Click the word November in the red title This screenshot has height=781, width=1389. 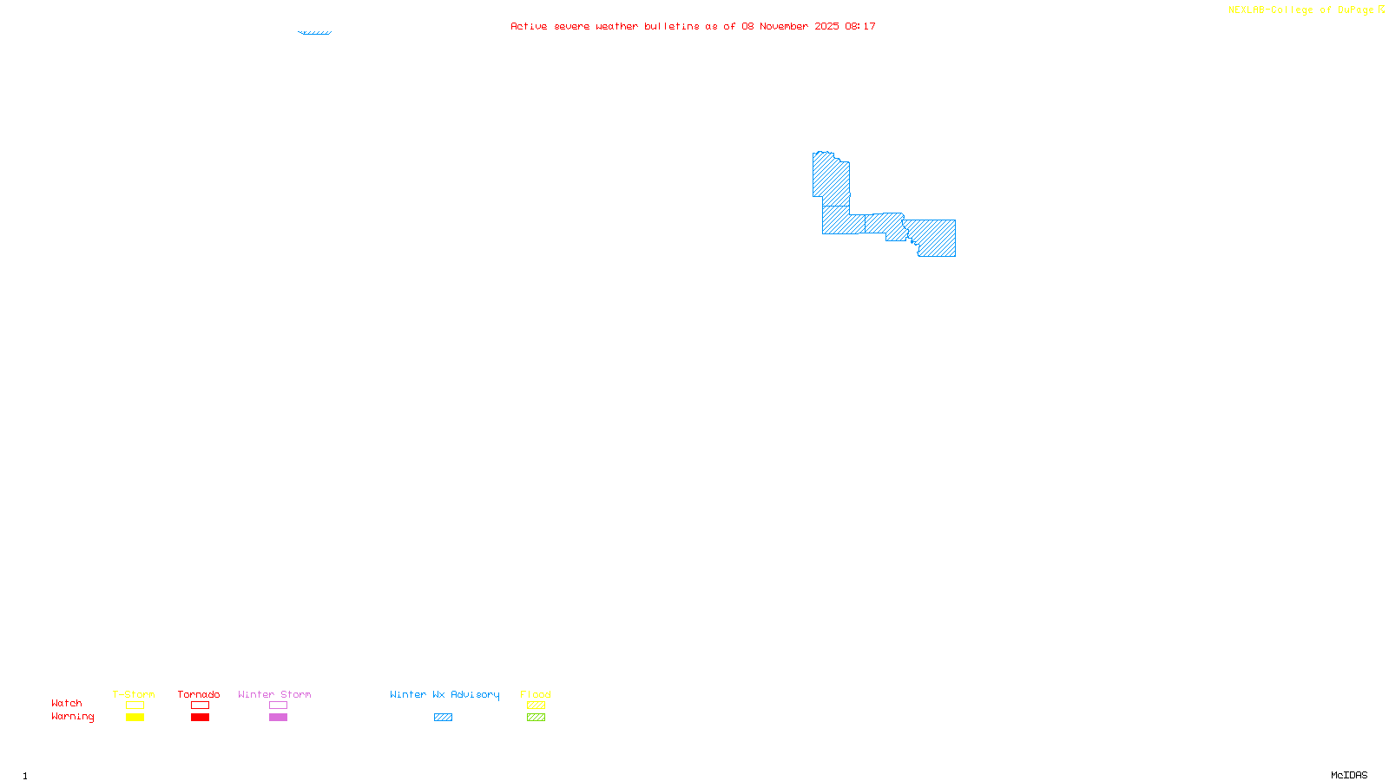pyautogui.click(x=784, y=26)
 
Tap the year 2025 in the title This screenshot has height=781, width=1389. pyautogui.click(x=826, y=26)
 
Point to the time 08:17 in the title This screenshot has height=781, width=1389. pyautogui.click(x=860, y=26)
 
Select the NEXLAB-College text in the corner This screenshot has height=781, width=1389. pyautogui.click(x=1270, y=10)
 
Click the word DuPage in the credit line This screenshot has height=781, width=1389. pyautogui.click(x=1355, y=10)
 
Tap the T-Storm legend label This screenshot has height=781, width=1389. pyautogui.click(x=134, y=694)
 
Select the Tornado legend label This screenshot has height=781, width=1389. pyautogui.click(x=199, y=694)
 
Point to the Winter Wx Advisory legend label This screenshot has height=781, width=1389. pyautogui.click(x=444, y=694)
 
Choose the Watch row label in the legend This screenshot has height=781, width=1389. pyautogui.click(x=67, y=704)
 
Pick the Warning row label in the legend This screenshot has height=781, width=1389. pyautogui.click(x=72, y=717)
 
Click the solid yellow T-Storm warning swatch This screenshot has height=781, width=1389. pyautogui.click(x=135, y=718)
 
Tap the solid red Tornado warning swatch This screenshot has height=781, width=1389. pyautogui.click(x=200, y=718)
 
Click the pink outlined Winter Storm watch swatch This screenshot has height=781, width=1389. pyautogui.click(x=278, y=706)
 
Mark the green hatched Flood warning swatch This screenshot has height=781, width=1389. pyautogui.click(x=536, y=718)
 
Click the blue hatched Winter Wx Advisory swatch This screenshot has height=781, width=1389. pyautogui.click(x=443, y=718)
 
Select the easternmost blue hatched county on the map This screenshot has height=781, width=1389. pyautogui.click(x=936, y=238)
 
